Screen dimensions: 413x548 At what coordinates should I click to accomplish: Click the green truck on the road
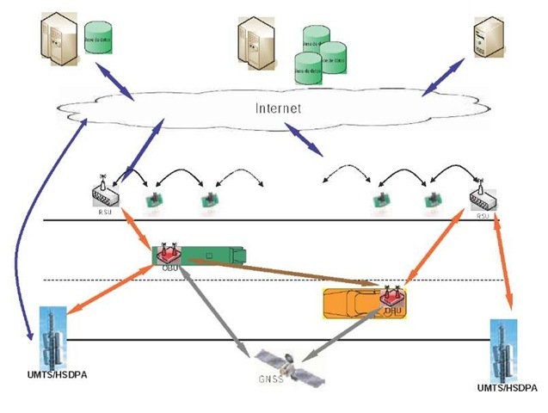click(202, 255)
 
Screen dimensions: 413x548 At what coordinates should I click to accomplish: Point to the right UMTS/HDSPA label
click(508, 389)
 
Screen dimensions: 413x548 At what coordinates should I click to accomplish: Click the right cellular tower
click(502, 348)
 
